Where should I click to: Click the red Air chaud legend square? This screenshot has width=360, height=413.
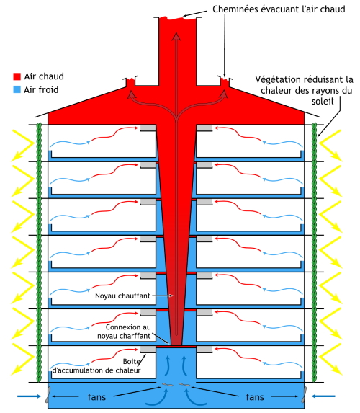17,76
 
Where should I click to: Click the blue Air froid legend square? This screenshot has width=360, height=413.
17,89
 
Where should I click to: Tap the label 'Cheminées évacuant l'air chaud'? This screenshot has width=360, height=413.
279,9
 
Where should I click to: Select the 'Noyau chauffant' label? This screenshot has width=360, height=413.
122,296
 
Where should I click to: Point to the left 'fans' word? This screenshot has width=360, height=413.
97,397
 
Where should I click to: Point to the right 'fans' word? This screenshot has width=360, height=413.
255,397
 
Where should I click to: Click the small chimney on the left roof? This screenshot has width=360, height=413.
130,81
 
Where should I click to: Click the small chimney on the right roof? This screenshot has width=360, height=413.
225,81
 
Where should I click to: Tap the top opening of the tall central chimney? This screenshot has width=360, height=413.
177,18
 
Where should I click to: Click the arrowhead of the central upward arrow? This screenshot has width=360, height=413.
176,37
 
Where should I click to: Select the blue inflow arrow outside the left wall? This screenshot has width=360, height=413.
29,396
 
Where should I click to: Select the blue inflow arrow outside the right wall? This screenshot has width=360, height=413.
323,396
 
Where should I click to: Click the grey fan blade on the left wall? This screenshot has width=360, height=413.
48,394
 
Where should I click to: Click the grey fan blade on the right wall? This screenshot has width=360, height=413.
304,394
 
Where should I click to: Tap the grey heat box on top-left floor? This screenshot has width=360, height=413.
148,128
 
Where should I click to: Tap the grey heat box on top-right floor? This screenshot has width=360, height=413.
204,128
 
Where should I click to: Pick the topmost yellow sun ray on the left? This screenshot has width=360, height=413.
23,145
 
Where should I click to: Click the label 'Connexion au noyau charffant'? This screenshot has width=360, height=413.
125,332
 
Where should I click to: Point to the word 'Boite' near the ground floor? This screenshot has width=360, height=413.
131,361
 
